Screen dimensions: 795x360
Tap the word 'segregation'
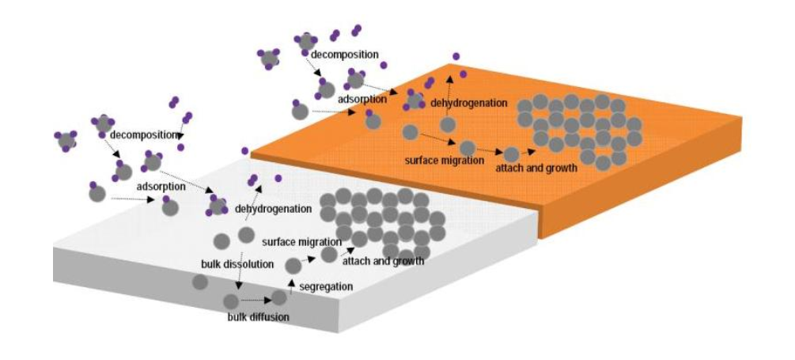(326, 286)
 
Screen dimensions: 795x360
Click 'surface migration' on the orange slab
(445, 161)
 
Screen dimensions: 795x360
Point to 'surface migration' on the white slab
(301, 241)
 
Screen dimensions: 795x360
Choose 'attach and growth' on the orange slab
(536, 168)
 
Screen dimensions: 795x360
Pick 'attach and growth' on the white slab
(383, 262)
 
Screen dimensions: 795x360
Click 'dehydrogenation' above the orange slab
(468, 103)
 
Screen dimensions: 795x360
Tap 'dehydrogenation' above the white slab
(273, 208)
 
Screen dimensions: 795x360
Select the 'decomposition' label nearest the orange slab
(345, 55)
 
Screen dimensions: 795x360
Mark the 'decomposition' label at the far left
(145, 135)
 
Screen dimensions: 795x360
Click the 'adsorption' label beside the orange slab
(362, 99)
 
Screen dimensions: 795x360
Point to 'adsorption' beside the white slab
(161, 186)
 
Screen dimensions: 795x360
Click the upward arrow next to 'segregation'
(292, 286)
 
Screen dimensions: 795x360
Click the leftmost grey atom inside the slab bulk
(200, 282)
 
